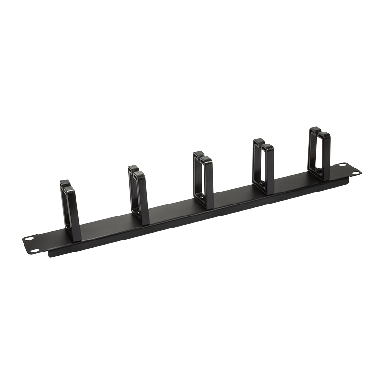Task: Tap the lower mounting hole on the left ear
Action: pyautogui.click(x=35, y=250)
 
